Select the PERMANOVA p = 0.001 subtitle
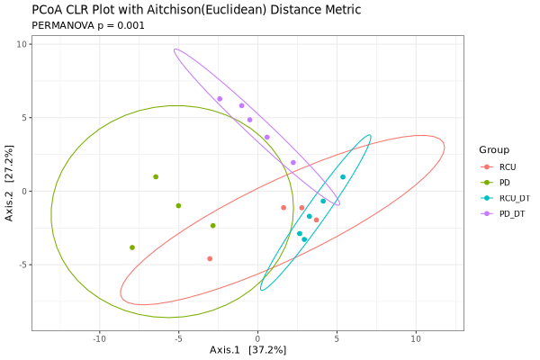coord(88,25)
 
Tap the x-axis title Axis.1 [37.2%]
coord(247,349)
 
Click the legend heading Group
coord(494,149)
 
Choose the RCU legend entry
coord(508,166)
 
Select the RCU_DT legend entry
coord(514,197)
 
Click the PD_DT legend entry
coord(512,212)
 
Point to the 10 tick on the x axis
coord(416,339)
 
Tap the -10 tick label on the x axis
coord(99,339)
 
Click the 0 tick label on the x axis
coord(257,339)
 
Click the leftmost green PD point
coord(132,247)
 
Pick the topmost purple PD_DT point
coord(220,99)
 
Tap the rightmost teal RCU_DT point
coord(343,177)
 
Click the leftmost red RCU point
coord(210,258)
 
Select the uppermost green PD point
coord(156,177)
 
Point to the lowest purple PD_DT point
coord(293,163)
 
